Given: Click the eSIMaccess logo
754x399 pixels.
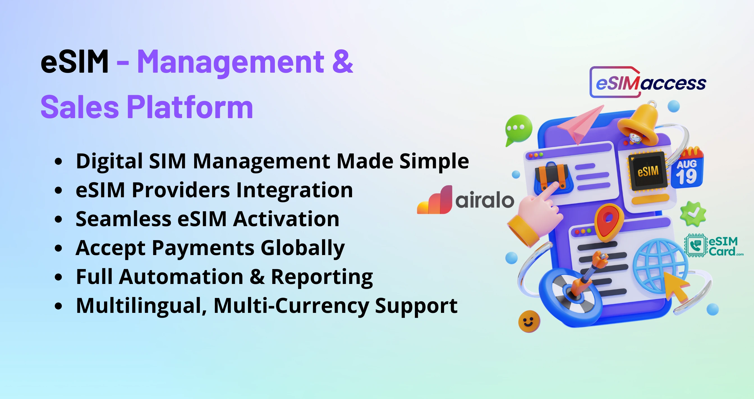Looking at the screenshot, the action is point(648,82).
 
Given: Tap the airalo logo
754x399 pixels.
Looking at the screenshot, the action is point(465,200).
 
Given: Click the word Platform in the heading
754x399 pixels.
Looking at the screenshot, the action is point(190,107).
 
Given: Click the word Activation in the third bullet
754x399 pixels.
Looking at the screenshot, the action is point(286,219).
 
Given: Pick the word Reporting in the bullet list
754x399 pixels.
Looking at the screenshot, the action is point(322,277).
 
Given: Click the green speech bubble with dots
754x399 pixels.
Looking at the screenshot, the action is point(519,130).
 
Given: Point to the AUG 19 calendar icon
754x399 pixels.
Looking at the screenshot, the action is point(687,168).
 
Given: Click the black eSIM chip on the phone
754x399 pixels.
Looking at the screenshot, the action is point(647,171).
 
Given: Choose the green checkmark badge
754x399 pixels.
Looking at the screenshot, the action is point(693,214).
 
